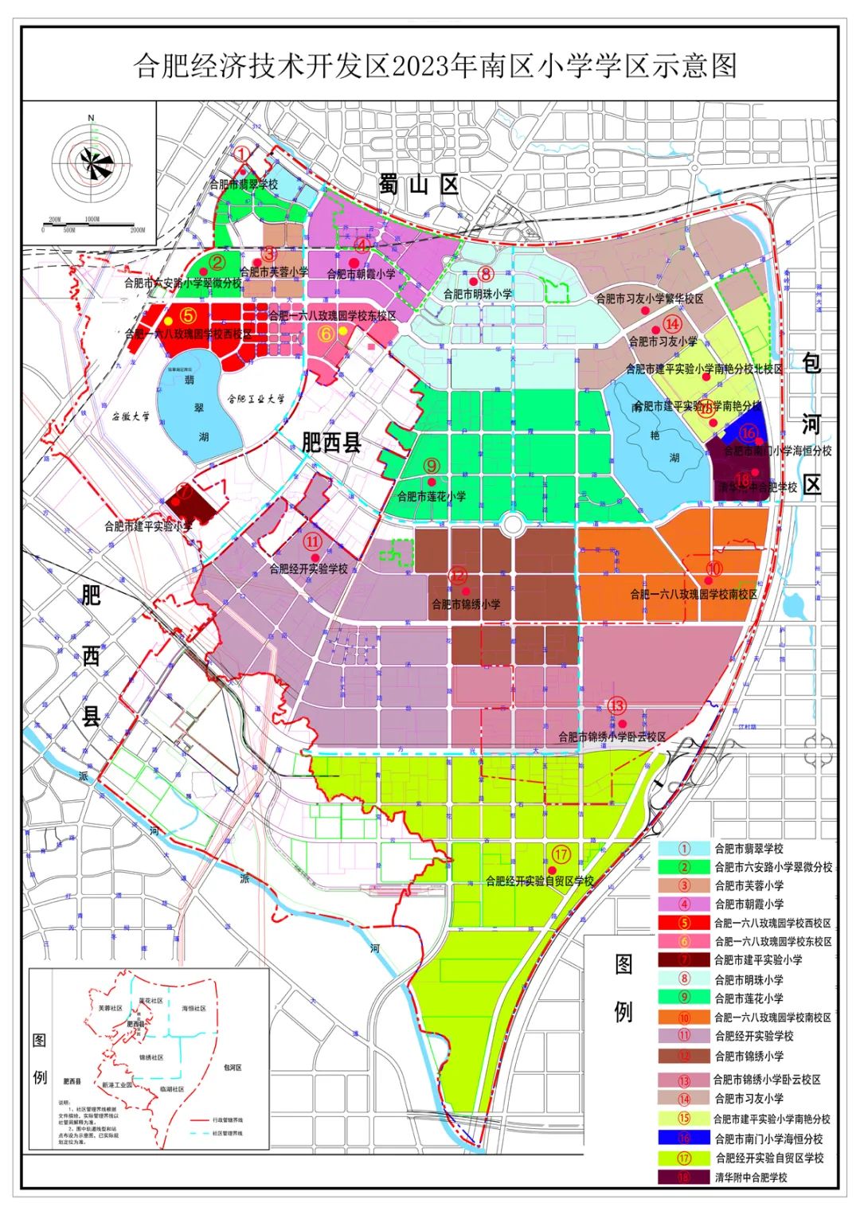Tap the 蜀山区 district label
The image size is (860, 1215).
(420, 186)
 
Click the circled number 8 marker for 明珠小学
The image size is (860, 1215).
(485, 275)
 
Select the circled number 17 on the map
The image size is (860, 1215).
(561, 855)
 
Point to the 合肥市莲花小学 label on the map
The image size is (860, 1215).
(432, 496)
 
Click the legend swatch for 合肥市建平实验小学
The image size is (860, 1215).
(684, 960)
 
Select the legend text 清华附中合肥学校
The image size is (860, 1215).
(750, 1177)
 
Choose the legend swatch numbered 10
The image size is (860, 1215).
(684, 1018)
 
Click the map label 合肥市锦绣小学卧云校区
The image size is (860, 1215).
(612, 737)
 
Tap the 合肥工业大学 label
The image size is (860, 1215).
(256, 399)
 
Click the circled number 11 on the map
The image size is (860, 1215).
(312, 541)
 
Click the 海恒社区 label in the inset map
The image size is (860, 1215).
(193, 1009)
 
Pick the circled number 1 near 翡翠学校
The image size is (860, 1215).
(242, 154)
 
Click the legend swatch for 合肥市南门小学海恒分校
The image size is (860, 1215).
(684, 1139)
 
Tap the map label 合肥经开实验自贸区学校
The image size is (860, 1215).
(540, 881)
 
